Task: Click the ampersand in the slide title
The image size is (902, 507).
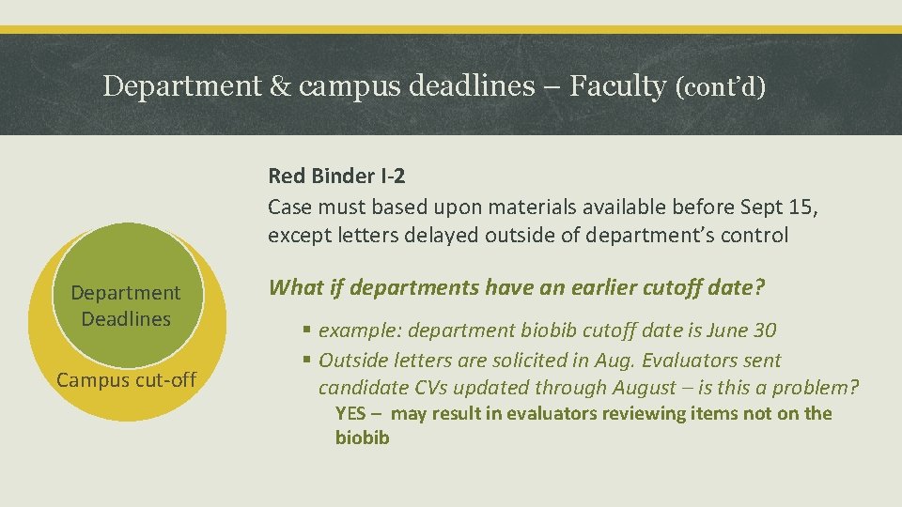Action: pyautogui.click(x=279, y=86)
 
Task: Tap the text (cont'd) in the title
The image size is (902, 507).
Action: pyautogui.click(x=721, y=87)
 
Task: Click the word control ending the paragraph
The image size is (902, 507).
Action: pyautogui.click(x=756, y=235)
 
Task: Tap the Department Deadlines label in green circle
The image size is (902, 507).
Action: pyautogui.click(x=126, y=306)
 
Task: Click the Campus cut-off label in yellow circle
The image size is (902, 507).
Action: pyautogui.click(x=126, y=380)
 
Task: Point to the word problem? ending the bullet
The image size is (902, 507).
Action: pyautogui.click(x=819, y=387)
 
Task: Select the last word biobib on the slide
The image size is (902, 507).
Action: pyautogui.click(x=362, y=438)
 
